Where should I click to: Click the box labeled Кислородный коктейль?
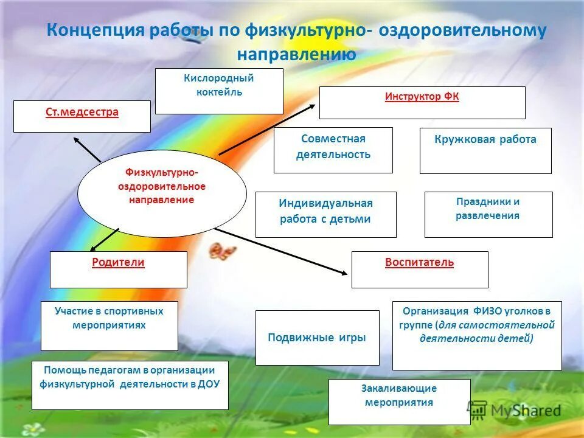[219, 91]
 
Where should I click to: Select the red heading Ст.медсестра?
[82, 113]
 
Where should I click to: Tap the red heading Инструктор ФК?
[422, 97]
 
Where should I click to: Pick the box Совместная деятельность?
[333, 150]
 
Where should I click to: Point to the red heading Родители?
[118, 263]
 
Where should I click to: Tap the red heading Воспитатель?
[419, 263]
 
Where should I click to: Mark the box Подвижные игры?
[317, 338]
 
